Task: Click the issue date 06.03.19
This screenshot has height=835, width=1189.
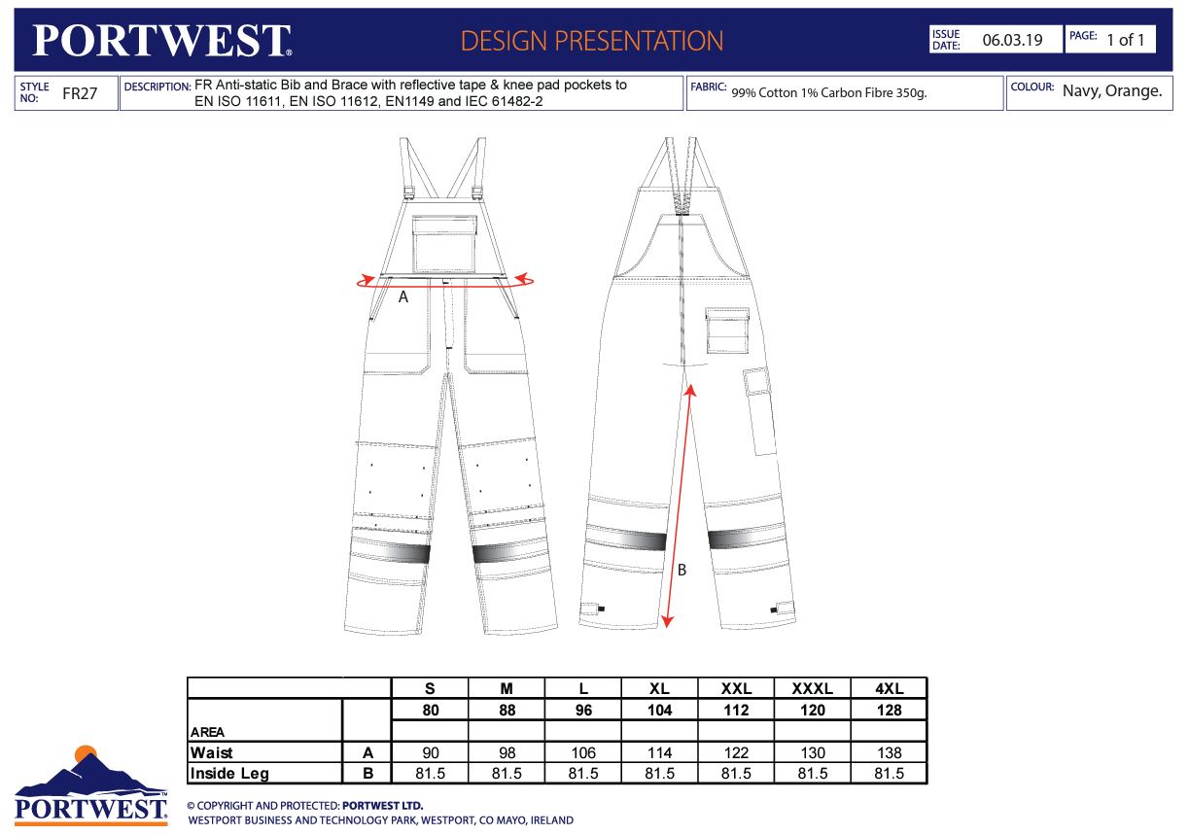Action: click(1012, 40)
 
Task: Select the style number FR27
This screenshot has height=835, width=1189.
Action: click(80, 93)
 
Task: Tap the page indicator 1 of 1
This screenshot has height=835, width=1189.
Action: click(1125, 40)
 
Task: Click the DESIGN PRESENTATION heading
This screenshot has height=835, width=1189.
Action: click(592, 41)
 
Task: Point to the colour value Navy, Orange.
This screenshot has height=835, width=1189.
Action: click(1112, 90)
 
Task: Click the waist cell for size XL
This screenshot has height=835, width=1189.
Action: click(659, 752)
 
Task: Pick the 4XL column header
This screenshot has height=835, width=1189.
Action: click(890, 688)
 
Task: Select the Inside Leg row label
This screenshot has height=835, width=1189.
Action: click(229, 774)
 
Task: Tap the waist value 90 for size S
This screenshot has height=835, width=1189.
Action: click(431, 752)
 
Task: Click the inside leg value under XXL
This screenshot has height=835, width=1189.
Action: click(736, 774)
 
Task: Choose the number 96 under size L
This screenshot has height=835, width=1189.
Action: click(583, 711)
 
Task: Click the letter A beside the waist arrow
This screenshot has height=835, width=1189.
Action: click(402, 297)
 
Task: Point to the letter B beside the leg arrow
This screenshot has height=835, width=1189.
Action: click(682, 571)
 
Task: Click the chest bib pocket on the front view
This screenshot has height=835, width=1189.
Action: click(444, 244)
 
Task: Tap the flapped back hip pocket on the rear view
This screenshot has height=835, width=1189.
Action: click(727, 331)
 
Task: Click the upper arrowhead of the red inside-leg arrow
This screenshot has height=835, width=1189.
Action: click(690, 391)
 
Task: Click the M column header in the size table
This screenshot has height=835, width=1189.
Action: click(507, 688)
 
